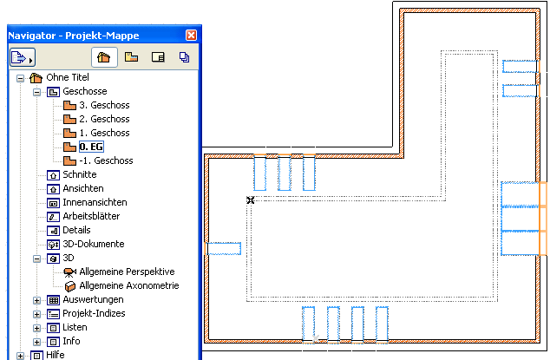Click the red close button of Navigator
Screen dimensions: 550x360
tap(191, 35)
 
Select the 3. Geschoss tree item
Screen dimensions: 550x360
tap(104, 105)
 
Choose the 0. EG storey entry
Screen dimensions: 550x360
tap(91, 147)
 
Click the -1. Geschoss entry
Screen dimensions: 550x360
tap(106, 160)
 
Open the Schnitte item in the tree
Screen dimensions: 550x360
tap(80, 174)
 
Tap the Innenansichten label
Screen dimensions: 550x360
tap(95, 202)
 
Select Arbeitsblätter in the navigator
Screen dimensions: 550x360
tap(91, 216)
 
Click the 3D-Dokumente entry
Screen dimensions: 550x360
tap(94, 244)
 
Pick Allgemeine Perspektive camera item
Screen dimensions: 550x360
tap(127, 272)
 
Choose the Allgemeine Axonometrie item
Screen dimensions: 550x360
tap(129, 285)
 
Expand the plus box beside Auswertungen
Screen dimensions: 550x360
tap(36, 300)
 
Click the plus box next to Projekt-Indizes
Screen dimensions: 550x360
tap(36, 314)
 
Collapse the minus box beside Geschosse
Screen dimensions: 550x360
tap(36, 93)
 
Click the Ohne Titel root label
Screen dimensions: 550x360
tap(68, 77)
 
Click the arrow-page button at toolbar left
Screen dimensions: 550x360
tap(23, 57)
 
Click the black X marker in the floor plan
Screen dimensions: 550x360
tap(251, 200)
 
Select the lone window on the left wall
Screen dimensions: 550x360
tap(223, 248)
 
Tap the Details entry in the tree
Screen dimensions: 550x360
tap(76, 230)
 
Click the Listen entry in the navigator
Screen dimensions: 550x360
tap(75, 327)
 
